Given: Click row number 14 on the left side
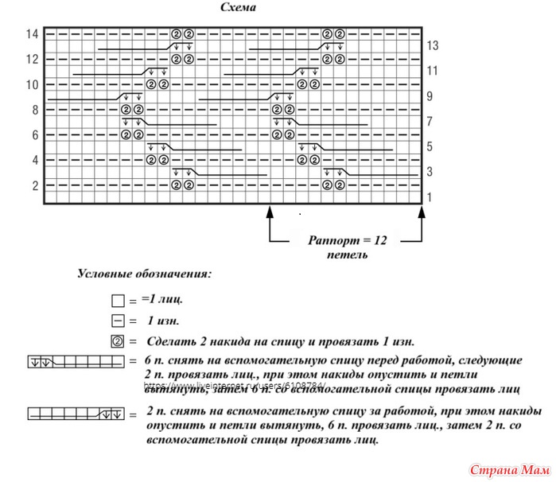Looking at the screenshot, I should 32,34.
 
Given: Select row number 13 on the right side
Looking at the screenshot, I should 432,46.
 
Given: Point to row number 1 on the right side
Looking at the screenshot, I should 430,197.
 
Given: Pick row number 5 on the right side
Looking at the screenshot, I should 430,147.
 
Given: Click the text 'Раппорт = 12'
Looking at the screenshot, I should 347,239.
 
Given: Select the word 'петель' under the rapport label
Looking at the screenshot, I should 347,255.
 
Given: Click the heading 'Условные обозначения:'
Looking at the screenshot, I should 144,275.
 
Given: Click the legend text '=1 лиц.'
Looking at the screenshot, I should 162,301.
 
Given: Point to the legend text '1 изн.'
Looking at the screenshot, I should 162,321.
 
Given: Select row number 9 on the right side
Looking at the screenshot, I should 430,97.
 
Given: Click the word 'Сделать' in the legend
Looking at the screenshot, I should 169,341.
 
